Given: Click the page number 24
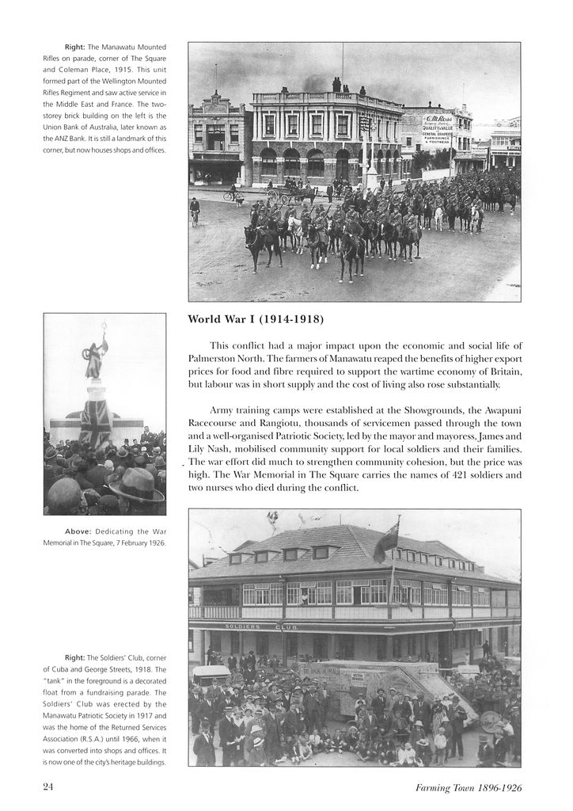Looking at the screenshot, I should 48,787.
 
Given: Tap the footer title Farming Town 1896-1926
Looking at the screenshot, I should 468,788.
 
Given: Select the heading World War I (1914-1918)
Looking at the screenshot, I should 256,320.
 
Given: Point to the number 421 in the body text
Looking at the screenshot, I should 423,475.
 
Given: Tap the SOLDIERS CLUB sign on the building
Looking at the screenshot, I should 261,626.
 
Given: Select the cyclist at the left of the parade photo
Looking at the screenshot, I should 195,210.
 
